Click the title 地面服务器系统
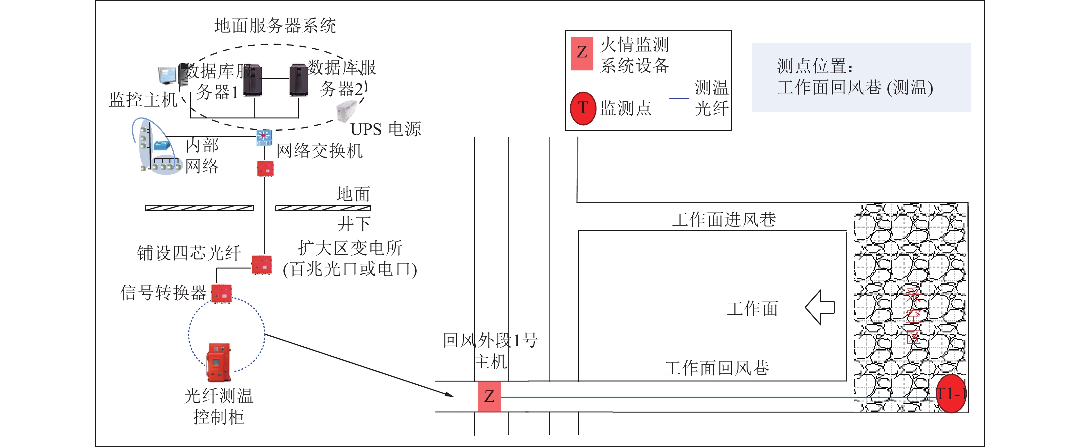coord(275,26)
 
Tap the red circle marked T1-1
coord(951,394)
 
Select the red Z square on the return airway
coord(489,396)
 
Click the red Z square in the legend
coord(582,53)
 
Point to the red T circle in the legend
coord(583,108)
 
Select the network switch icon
coord(264,138)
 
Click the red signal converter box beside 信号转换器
coord(221,293)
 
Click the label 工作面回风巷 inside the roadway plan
coord(717,368)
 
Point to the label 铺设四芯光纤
coord(189,253)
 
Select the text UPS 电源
coord(386,129)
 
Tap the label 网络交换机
coord(320,151)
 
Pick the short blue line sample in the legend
coord(679,98)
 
